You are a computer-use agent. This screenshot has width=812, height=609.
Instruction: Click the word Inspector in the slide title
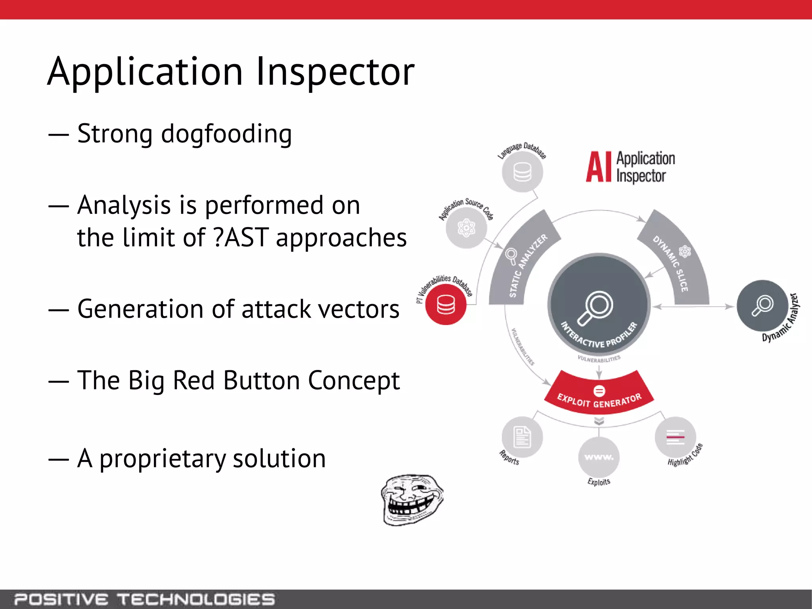pyautogui.click(x=335, y=72)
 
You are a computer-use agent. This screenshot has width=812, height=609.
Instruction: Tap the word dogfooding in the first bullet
pyautogui.click(x=226, y=134)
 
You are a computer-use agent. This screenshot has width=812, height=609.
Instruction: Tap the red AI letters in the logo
pyautogui.click(x=599, y=167)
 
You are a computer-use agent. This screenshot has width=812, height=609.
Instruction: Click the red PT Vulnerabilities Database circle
pyautogui.click(x=446, y=304)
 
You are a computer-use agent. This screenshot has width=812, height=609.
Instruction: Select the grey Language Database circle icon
pyautogui.click(x=522, y=172)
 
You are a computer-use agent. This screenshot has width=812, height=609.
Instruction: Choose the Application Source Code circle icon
pyautogui.click(x=466, y=228)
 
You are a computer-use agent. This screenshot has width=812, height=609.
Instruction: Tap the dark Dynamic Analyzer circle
pyautogui.click(x=762, y=305)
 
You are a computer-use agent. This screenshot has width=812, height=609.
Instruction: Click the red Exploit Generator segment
pyautogui.click(x=599, y=395)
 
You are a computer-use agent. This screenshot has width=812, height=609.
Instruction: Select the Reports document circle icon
pyautogui.click(x=522, y=437)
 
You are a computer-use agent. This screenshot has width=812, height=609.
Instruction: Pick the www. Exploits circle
pyautogui.click(x=599, y=457)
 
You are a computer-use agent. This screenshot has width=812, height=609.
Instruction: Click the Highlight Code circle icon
pyautogui.click(x=675, y=437)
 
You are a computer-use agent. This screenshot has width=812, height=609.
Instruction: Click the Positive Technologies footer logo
pyautogui.click(x=145, y=599)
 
